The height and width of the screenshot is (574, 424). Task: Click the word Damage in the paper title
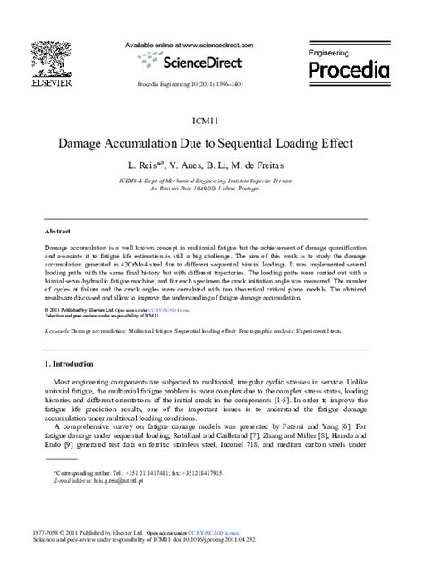point(89,142)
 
